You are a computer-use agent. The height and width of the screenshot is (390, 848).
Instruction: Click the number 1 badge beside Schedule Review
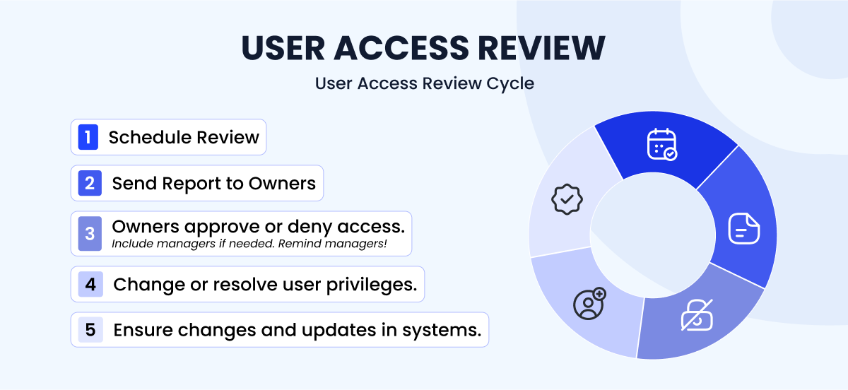[x=88, y=137]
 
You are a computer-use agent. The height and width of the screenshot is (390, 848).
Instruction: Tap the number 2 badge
[x=90, y=184]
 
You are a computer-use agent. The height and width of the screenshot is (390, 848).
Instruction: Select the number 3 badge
[x=90, y=233]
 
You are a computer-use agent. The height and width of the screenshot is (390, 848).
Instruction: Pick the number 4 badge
[x=90, y=284]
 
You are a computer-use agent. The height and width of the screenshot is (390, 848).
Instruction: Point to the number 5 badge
[x=90, y=330]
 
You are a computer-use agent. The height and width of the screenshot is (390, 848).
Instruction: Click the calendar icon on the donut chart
[x=661, y=144]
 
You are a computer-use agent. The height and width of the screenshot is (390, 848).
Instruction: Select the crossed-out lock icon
[x=696, y=315]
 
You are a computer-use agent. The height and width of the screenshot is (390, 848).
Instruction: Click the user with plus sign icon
[x=588, y=303]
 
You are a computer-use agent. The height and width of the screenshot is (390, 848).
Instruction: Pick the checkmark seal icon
[x=565, y=199]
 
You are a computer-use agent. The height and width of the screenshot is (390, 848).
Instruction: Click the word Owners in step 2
[x=272, y=184]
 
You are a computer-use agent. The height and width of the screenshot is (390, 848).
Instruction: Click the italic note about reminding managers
[x=252, y=244]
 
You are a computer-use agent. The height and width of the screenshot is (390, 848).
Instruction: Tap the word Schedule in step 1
[x=147, y=137]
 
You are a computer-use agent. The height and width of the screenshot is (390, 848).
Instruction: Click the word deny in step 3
[x=321, y=227]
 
